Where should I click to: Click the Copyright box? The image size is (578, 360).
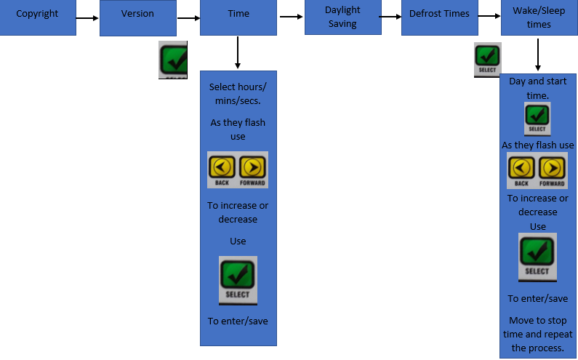tap(38, 17)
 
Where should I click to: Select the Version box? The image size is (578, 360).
tap(138, 17)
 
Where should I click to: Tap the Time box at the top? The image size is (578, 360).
tap(238, 17)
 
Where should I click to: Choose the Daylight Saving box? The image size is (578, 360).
tap(343, 17)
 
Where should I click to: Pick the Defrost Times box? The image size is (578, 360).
tap(439, 17)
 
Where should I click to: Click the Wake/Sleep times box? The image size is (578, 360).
tap(539, 17)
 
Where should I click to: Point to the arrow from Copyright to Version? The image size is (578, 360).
tap(87, 18)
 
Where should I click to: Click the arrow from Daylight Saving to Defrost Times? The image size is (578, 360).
tap(390, 17)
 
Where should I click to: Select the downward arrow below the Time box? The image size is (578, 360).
tap(238, 52)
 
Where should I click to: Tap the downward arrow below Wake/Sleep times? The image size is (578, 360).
tap(538, 55)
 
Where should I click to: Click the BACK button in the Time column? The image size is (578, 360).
tap(222, 170)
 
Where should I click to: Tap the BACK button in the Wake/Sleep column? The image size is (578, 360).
tap(521, 170)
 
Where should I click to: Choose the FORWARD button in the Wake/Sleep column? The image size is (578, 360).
tap(552, 170)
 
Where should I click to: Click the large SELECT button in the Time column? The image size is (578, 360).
tap(238, 280)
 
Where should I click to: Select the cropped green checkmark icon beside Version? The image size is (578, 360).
tap(173, 60)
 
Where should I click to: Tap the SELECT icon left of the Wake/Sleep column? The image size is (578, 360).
tap(487, 60)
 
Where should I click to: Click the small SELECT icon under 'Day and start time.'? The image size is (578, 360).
tap(537, 119)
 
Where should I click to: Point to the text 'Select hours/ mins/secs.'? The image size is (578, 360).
tap(238, 94)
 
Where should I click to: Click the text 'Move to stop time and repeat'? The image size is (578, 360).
tap(538, 327)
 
